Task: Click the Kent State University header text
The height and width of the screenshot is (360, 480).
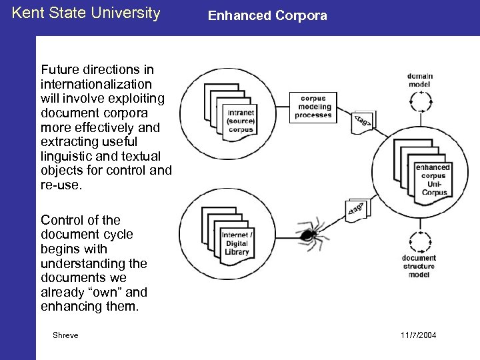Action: tap(86, 13)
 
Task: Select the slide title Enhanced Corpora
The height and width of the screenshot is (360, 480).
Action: tap(267, 15)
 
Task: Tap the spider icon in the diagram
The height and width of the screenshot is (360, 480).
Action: tap(309, 234)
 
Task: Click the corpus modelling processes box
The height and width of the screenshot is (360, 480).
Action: tap(313, 107)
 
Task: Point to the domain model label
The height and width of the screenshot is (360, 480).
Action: tap(420, 80)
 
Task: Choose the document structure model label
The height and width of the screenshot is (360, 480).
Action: tap(419, 266)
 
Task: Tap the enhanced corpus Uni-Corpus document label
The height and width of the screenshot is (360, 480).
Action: tap(432, 180)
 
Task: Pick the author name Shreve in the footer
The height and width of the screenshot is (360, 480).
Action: tap(65, 335)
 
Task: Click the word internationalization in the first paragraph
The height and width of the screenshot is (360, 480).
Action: tap(96, 84)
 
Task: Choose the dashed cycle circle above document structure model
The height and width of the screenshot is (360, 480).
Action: tap(420, 239)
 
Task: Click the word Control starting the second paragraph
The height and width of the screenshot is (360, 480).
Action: tap(60, 220)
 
